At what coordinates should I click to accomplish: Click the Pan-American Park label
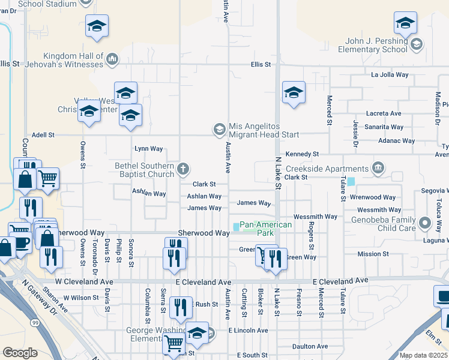(x=265, y=229)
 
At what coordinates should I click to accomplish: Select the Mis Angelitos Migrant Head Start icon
(x=219, y=129)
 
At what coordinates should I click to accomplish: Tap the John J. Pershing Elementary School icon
(x=416, y=44)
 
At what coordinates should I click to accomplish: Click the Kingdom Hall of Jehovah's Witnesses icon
(x=112, y=59)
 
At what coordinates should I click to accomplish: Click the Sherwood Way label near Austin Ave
(x=203, y=233)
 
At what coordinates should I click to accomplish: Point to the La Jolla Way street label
(x=390, y=75)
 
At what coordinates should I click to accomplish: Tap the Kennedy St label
(x=302, y=154)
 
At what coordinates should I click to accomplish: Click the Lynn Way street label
(x=148, y=148)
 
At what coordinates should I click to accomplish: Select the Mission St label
(x=373, y=254)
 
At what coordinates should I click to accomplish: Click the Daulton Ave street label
(x=310, y=346)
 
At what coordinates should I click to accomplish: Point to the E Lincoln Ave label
(x=248, y=331)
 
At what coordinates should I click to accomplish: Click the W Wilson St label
(x=80, y=297)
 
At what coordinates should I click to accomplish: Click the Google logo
(x=20, y=353)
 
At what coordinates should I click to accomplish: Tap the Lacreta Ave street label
(x=384, y=113)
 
